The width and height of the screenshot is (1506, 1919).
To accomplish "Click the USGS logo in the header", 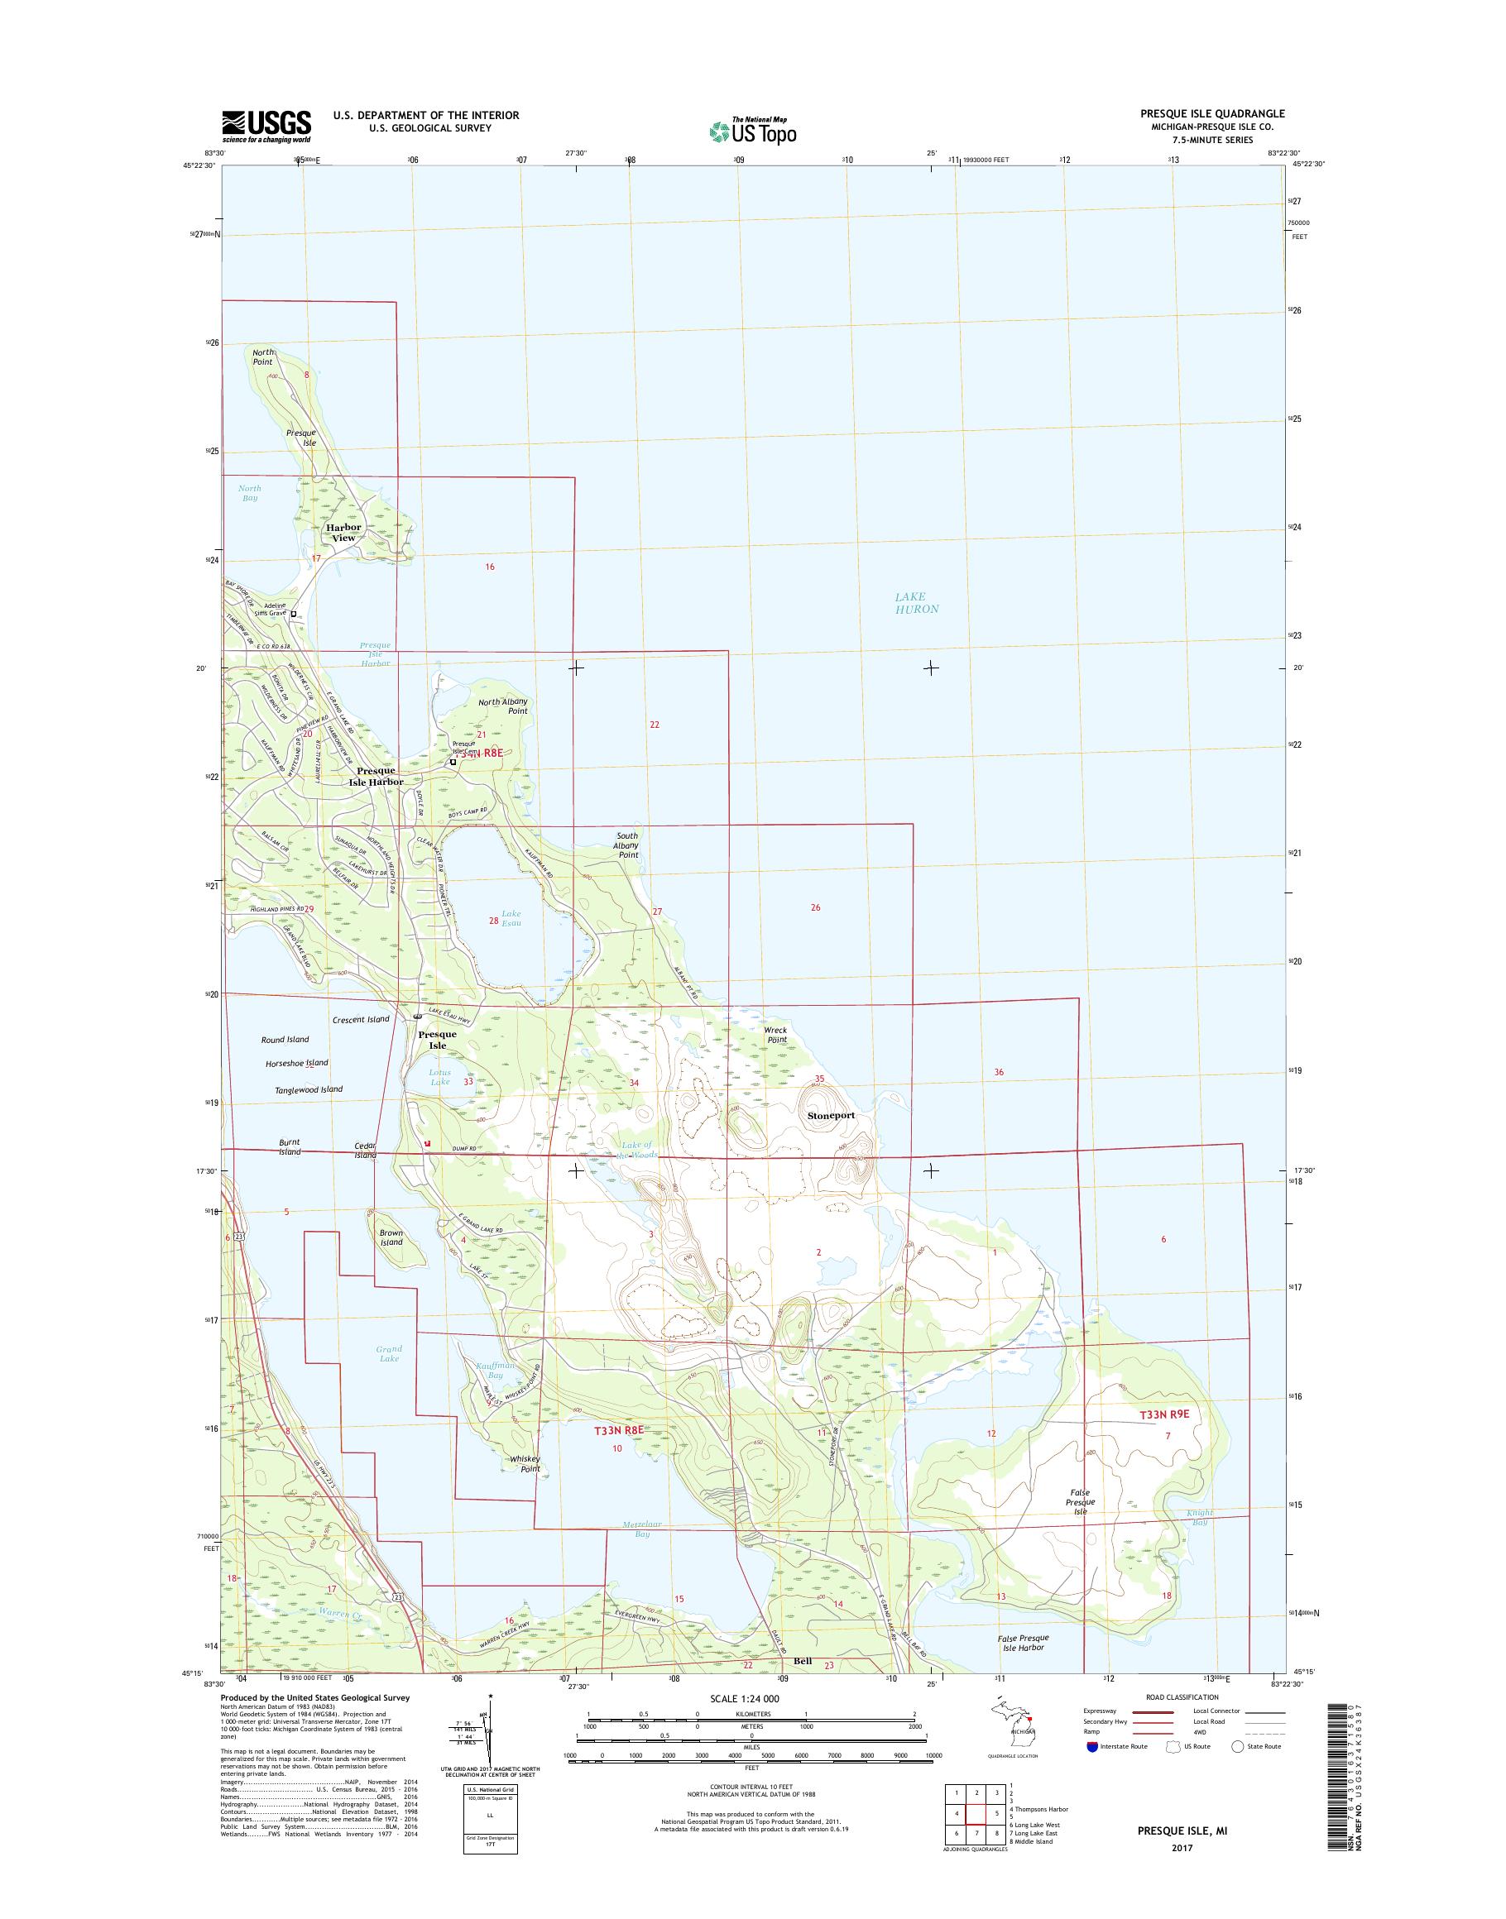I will point(266,126).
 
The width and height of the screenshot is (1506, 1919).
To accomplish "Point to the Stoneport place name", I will point(831,1115).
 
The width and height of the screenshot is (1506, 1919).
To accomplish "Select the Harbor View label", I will point(343,533).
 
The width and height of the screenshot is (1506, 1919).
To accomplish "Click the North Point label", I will point(263,357).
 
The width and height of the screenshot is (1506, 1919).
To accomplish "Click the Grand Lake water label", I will point(389,1353).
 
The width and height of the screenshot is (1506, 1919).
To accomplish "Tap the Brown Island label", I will point(391,1237).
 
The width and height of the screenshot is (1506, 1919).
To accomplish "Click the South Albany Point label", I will point(628,845).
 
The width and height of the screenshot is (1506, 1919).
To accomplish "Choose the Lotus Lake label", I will point(439,1077).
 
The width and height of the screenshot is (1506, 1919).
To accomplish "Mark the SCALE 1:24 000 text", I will point(744,1698).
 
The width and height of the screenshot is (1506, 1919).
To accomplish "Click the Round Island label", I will point(285,1041).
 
